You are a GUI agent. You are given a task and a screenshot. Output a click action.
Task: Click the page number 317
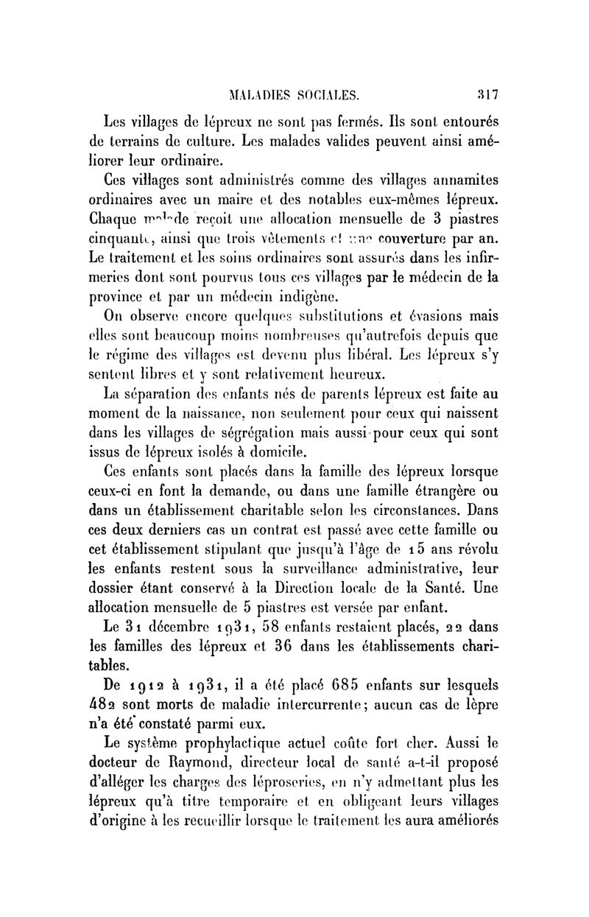487,94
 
